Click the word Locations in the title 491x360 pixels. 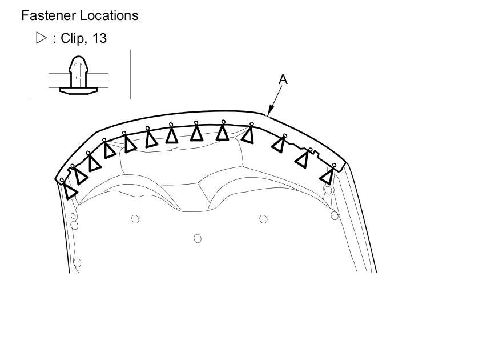click(108, 15)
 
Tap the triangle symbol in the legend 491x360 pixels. click(41, 38)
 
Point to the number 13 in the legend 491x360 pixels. click(99, 39)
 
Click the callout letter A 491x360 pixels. click(283, 79)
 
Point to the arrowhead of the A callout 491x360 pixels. click(268, 113)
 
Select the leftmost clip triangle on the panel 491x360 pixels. click(70, 191)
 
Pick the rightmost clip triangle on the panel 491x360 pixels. click(328, 175)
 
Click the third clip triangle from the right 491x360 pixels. click(279, 143)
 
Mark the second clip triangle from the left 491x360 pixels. click(81, 175)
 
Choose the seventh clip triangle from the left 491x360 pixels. click(171, 135)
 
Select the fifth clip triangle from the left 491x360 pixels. click(130, 144)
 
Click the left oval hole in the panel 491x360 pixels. click(135, 219)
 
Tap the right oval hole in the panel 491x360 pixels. click(263, 219)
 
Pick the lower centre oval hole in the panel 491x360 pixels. click(198, 238)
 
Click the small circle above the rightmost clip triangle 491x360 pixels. click(335, 165)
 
